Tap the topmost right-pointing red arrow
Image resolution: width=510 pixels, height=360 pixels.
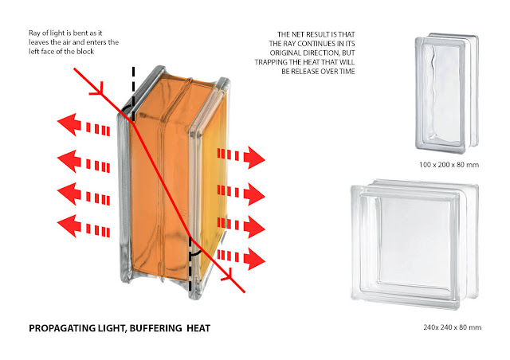243,156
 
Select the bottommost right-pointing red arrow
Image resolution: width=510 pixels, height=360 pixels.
243,256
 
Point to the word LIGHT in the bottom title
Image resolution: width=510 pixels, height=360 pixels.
112,328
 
